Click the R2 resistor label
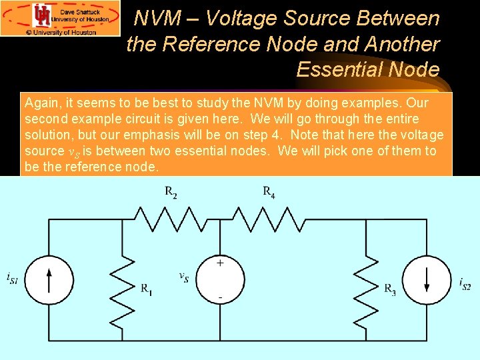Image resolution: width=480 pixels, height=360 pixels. point(171,193)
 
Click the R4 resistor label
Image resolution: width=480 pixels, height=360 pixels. point(269,193)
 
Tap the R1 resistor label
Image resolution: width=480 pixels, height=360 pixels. point(146,289)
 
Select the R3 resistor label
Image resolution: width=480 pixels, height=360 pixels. point(390,289)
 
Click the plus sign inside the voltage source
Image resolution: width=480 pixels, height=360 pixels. point(220,263)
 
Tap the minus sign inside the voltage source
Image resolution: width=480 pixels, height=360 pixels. point(220,295)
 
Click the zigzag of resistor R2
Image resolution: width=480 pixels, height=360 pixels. point(171,218)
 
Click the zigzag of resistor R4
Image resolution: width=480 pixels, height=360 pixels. point(269,218)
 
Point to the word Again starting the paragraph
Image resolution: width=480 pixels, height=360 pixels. point(40,103)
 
